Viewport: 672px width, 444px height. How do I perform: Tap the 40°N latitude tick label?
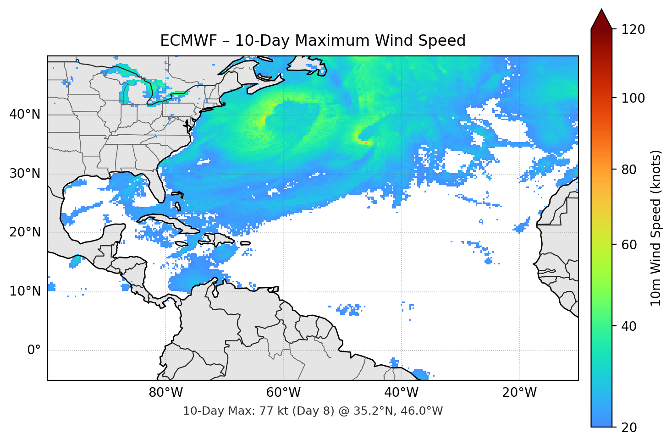tap(25, 115)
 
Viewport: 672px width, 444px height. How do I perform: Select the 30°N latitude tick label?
tap(25, 174)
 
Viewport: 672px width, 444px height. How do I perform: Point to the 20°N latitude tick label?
tap(25, 232)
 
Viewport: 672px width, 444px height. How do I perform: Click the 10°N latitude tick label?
tap(25, 291)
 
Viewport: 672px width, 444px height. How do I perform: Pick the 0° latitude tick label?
tap(33, 351)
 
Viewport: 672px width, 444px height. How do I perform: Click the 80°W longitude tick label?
tap(165, 393)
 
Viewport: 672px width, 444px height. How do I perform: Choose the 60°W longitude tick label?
tap(283, 393)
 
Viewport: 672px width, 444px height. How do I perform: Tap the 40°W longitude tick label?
tap(401, 393)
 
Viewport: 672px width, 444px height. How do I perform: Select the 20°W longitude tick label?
tap(519, 393)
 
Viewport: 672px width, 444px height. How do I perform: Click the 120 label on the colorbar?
tap(633, 30)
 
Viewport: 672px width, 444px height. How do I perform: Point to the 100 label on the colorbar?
tap(633, 98)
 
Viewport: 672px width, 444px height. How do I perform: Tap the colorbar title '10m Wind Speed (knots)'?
tap(656, 228)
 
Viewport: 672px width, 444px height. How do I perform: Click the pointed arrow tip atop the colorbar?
tap(601, 10)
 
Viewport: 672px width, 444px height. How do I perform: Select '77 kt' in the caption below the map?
tap(272, 411)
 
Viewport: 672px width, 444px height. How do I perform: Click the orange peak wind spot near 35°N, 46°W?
tap(364, 143)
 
